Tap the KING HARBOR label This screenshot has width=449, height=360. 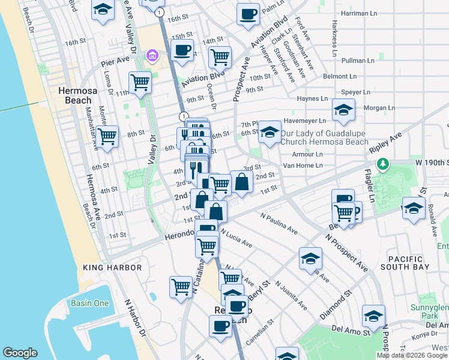click(x=112, y=268)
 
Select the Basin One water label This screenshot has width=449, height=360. click(x=90, y=303)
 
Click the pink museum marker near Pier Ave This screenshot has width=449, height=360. click(x=152, y=56)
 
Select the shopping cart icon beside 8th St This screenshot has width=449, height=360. click(x=107, y=136)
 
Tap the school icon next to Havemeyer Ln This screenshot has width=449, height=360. click(x=343, y=110)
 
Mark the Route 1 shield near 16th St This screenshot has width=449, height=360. click(x=158, y=12)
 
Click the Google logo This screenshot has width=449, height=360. click(x=20, y=353)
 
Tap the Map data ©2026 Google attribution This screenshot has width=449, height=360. click(x=412, y=355)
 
